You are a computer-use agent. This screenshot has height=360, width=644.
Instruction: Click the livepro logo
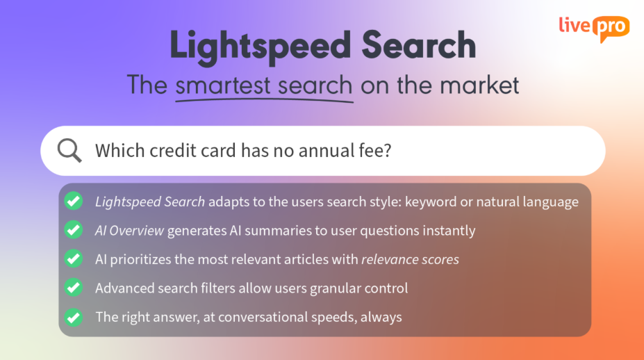[x=594, y=28]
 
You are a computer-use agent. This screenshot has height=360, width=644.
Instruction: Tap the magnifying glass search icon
[x=69, y=150]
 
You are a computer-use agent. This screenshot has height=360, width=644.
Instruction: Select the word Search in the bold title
[x=418, y=44]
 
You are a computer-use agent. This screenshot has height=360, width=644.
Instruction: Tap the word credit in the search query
[x=172, y=150]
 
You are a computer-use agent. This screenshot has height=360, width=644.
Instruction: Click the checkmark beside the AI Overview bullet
[x=74, y=230]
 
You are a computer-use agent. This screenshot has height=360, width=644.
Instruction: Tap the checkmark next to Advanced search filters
[x=74, y=288]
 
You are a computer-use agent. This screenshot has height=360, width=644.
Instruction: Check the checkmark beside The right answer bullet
[x=74, y=318]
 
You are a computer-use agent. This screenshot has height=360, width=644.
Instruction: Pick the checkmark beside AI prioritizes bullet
[x=74, y=259]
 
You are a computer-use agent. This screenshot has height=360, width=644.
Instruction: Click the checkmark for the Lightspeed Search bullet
[x=74, y=202]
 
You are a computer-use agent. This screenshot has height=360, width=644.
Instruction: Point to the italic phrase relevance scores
[x=410, y=259]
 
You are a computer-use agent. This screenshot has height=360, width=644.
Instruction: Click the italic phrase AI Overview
[x=129, y=231]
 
